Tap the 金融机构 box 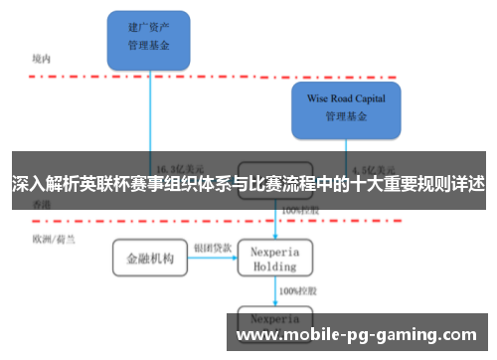[x=149, y=259]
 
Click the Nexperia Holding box [x=275, y=259]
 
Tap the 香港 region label [x=41, y=203]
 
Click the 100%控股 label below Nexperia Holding [x=295, y=291]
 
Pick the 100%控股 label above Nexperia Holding [x=298, y=211]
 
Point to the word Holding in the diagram [x=275, y=267]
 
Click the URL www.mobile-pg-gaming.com [x=357, y=335]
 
